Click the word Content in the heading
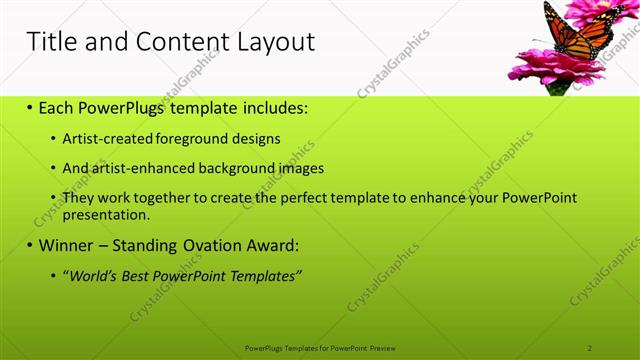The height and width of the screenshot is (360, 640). [x=171, y=41]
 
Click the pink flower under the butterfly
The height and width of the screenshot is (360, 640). [x=556, y=67]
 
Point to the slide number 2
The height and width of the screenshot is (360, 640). [x=590, y=348]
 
